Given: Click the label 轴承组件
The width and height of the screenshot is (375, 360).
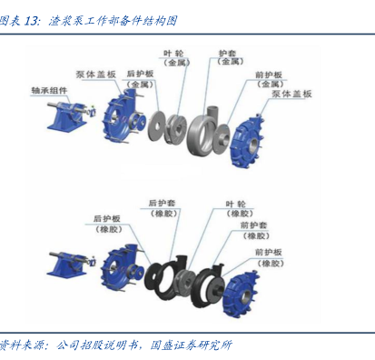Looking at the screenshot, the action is coord(49,90).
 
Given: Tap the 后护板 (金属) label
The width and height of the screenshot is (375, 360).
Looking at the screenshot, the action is coord(140,78).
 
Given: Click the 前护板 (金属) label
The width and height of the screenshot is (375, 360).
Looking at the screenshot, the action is coord(270,79).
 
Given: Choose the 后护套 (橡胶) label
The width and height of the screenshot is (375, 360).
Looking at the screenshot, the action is coord(163,208).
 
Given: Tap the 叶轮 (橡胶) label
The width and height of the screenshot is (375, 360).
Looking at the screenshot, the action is coord(239,209).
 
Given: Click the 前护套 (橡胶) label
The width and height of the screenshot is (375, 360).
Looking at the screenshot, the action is coord(255,230).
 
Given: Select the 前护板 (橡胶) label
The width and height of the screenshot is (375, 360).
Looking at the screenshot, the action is coord(270,257).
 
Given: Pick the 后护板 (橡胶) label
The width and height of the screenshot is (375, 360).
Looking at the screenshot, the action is coord(108,224).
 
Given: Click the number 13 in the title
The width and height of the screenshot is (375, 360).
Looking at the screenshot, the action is coord(31,21).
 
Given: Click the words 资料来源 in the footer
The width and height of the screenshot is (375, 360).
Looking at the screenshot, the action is coord(20,345).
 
